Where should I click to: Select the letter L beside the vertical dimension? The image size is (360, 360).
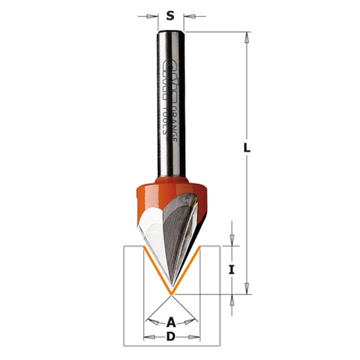(x=247, y=148)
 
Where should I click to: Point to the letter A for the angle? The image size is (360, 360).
(x=171, y=321)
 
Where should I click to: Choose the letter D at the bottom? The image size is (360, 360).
(x=171, y=337)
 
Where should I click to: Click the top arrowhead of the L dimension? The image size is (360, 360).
(x=247, y=36)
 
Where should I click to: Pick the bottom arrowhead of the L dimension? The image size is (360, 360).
(x=247, y=289)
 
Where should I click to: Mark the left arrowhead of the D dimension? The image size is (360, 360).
(x=147, y=337)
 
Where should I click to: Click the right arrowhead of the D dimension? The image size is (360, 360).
(x=196, y=337)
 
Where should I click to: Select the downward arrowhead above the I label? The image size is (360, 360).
(x=233, y=241)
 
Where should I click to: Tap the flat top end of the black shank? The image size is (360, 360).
(x=171, y=31)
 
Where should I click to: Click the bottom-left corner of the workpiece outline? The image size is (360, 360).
(x=124, y=345)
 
